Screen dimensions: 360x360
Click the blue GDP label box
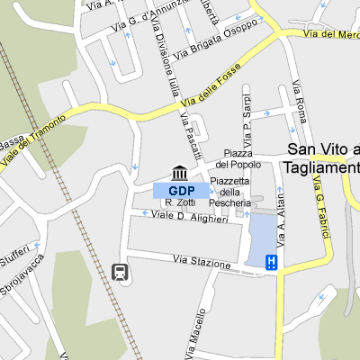point(181,190)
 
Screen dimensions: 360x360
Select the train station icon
point(118,272)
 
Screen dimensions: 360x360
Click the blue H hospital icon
point(270,262)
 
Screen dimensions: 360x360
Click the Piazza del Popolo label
point(243,159)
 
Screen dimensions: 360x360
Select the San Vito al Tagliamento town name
point(322,158)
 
